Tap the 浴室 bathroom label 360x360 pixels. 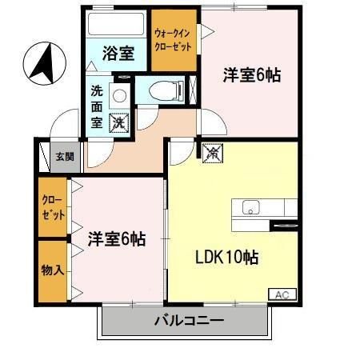click(118, 55)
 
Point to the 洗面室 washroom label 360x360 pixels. click(96, 106)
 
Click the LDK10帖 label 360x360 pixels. click(227, 258)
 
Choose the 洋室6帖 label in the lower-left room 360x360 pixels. click(116, 238)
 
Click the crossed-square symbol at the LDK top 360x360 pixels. click(211, 150)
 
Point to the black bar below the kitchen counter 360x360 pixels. click(285, 226)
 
